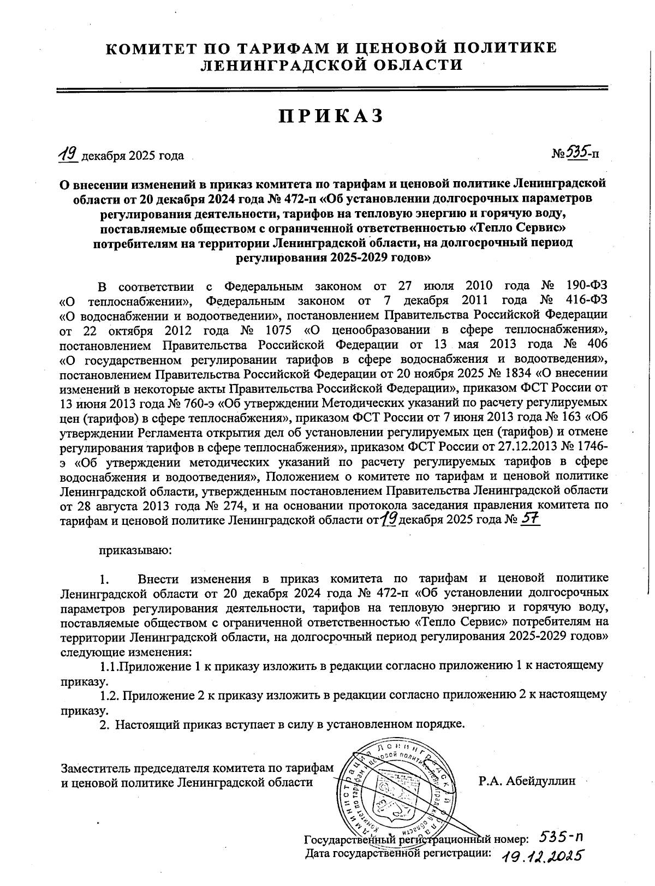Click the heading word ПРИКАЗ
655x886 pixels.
331,116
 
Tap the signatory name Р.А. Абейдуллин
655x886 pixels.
527,781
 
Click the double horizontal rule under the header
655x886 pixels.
332,89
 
